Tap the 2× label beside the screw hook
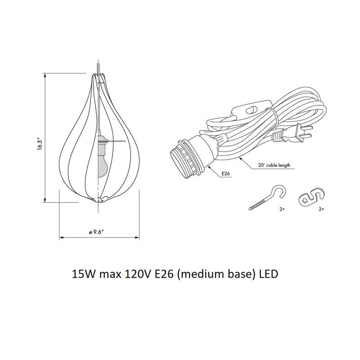282,210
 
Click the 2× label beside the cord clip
321,210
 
